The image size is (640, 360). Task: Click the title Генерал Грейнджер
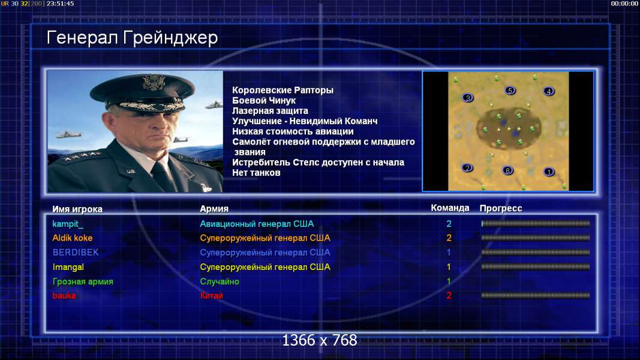(132, 38)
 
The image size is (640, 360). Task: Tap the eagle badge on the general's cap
(154, 82)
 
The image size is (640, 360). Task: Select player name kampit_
(68, 224)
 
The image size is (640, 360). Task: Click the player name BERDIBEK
(76, 252)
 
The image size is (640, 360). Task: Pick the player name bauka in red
(64, 296)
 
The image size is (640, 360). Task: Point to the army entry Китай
(211, 296)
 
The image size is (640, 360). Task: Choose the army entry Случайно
(220, 281)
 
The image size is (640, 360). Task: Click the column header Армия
(214, 209)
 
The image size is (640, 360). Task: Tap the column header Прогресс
(501, 208)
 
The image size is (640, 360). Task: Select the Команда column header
(450, 208)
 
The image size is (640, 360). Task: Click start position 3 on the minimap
(468, 98)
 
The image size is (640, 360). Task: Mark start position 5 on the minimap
(510, 90)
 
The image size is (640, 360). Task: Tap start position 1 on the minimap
(549, 172)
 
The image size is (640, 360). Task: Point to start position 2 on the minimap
(467, 168)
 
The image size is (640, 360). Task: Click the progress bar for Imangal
(536, 267)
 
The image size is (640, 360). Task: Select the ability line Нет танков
(256, 173)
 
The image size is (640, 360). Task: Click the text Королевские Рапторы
(283, 90)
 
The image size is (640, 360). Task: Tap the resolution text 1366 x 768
(320, 340)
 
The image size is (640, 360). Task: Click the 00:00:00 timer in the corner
(624, 4)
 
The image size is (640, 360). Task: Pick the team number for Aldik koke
(449, 238)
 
